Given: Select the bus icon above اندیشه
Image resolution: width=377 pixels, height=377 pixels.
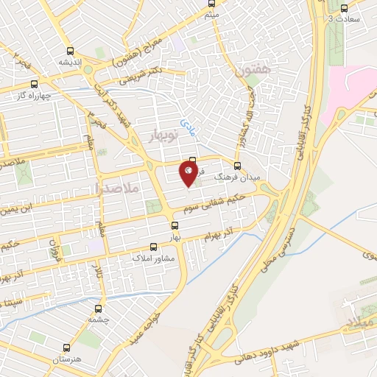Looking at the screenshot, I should tap(70, 51).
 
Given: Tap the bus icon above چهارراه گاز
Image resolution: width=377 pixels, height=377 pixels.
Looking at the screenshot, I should tap(34, 83).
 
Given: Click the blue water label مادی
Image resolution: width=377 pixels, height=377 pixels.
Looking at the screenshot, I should tap(187, 126).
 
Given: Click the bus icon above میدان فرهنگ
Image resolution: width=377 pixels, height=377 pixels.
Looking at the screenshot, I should tap(237, 166).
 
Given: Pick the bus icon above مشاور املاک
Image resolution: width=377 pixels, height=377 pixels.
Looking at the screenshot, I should tap(154, 247).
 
